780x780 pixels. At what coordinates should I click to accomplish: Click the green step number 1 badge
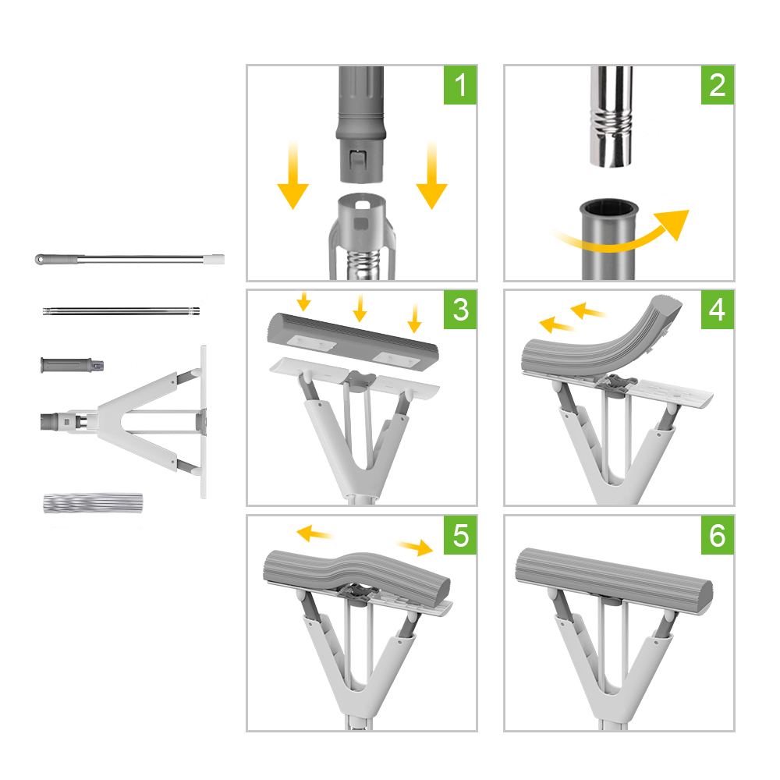460,85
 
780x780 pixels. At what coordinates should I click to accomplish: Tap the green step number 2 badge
718,85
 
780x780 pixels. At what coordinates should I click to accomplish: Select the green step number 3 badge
460,310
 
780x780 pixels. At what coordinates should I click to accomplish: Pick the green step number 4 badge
718,310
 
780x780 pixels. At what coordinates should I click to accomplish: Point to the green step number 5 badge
460,535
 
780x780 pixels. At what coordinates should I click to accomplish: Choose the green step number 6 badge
718,535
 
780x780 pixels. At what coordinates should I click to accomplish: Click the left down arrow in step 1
293,175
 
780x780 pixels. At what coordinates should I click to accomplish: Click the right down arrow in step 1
432,175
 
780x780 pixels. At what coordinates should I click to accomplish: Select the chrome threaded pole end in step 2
612,116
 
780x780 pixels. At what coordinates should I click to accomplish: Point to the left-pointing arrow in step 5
314,534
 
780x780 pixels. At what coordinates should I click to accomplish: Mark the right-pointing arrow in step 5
416,548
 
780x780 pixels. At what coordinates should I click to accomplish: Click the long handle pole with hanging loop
129,259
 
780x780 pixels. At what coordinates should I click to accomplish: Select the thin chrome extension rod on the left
122,312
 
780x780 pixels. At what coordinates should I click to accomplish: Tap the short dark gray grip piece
72,364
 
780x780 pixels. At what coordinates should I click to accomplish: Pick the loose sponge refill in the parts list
93,503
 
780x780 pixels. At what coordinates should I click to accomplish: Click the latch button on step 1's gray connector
357,160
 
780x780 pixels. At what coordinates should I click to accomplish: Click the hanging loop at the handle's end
39,259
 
